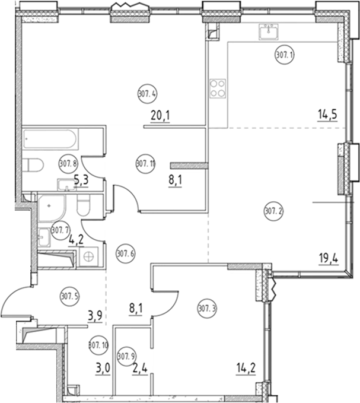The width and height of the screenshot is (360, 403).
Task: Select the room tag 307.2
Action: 273,210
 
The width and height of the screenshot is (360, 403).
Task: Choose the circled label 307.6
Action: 125,253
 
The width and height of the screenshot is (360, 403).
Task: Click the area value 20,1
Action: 160,116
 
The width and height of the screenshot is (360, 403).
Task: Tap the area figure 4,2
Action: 75,240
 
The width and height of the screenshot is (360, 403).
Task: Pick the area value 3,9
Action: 95,315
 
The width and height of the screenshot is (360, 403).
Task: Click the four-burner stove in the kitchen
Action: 217,88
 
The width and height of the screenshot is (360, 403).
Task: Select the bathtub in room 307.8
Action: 49,141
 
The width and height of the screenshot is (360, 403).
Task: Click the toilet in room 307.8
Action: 34,166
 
